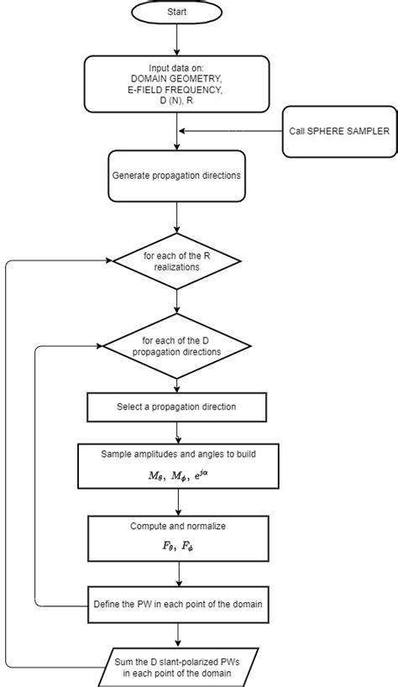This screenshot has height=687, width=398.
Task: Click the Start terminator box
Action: pos(177,13)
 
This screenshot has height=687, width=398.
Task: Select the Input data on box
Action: pos(177,82)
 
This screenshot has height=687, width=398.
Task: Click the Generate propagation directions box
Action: pos(177,176)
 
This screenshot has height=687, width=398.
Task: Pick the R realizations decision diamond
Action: pos(177,261)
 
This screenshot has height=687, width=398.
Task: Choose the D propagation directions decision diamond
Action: pos(177,345)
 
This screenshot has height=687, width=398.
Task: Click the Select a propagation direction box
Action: pos(177,407)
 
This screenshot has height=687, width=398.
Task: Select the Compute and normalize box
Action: pos(177,538)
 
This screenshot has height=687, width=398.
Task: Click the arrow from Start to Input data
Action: pos(177,40)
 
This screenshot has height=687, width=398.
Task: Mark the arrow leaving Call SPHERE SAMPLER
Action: pos(231,130)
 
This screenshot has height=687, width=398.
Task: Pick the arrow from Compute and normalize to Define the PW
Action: pos(177,575)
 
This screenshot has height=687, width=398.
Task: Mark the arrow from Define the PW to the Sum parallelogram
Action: pos(177,634)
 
